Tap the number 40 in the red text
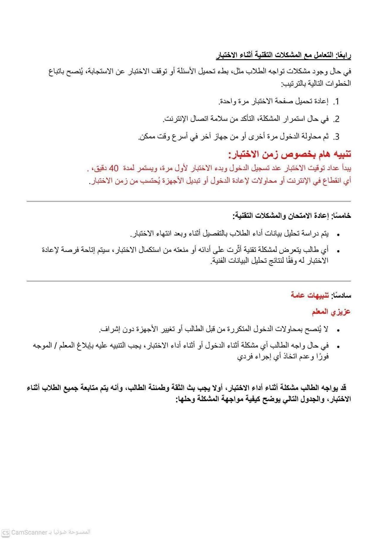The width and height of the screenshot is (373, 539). (x=114, y=168)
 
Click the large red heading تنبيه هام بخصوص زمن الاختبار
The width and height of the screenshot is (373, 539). (x=289, y=154)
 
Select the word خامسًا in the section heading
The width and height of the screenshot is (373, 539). (x=341, y=216)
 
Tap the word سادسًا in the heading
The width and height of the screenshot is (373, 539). (x=341, y=295)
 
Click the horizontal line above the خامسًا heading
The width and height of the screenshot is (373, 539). (x=189, y=202)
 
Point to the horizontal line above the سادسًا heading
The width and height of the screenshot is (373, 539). (x=189, y=281)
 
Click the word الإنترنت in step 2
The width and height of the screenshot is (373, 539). (x=174, y=119)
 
